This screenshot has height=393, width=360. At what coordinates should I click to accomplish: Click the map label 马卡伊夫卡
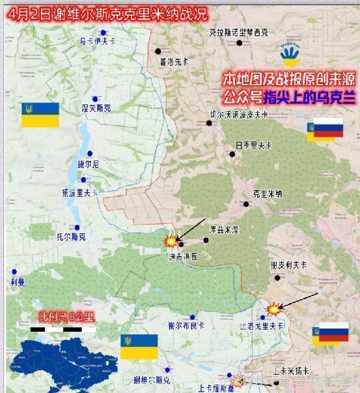97,41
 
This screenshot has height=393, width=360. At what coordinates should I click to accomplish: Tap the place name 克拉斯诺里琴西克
238,31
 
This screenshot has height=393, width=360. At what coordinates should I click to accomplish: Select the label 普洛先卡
173,62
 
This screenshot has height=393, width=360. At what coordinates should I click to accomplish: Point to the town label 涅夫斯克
96,108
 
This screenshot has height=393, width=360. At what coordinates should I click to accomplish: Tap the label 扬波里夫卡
80,193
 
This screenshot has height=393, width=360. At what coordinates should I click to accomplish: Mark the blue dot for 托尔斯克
77,227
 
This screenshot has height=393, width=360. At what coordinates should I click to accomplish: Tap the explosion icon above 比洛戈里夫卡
275,306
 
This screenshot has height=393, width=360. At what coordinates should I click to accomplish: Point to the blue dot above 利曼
14,271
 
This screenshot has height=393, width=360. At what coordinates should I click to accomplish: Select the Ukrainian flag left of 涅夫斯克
40,115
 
